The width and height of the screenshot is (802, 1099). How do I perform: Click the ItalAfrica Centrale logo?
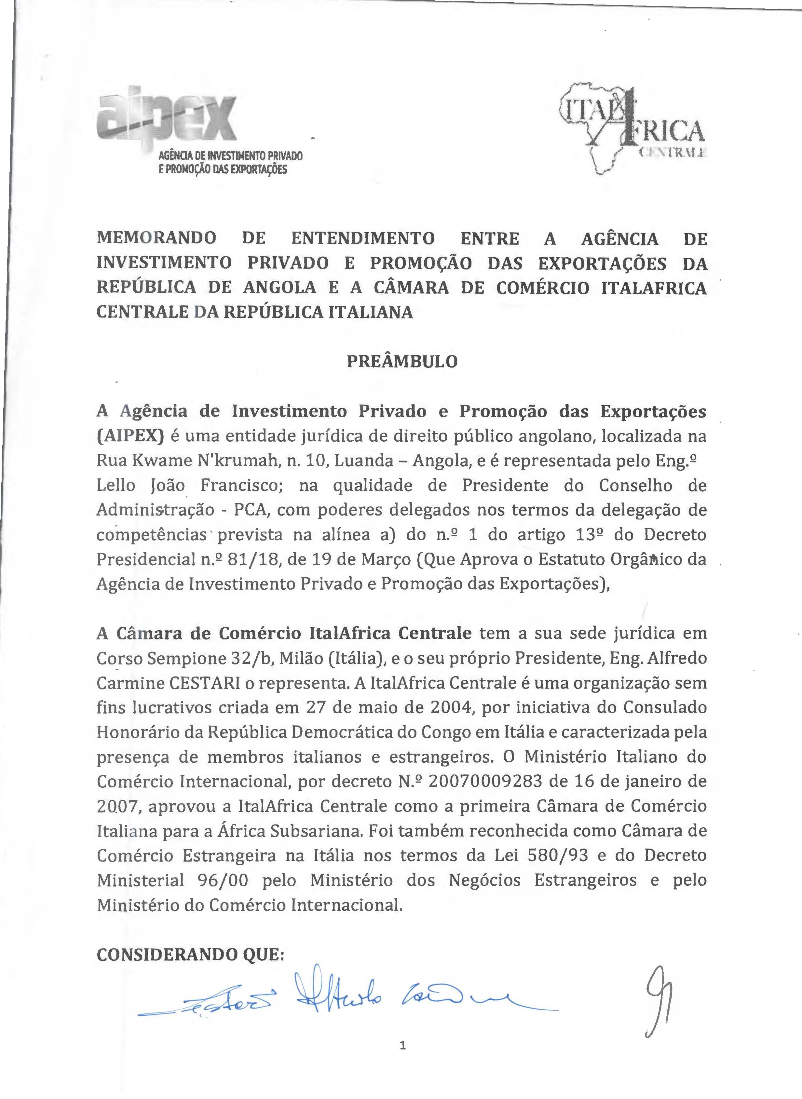631,128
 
